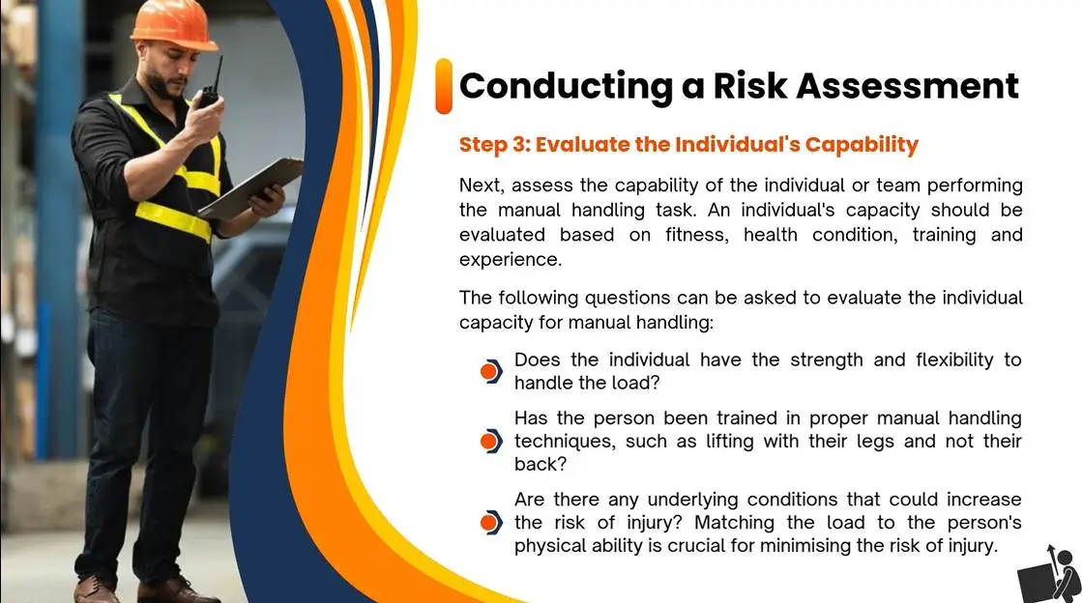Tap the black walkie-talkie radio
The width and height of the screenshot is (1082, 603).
210,86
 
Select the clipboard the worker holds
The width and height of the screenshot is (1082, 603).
251,188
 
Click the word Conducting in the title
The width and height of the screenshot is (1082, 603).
566,87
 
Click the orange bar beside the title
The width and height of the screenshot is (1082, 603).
444,86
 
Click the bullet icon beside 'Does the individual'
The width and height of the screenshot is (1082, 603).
490,372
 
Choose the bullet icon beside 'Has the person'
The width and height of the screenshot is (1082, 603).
490,441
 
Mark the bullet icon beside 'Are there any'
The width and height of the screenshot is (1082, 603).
490,522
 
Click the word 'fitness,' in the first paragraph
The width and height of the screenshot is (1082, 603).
697,235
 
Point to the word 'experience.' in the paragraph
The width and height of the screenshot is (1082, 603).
511,260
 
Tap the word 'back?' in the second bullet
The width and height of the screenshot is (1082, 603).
541,464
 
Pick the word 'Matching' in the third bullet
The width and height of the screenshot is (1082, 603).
734,523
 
